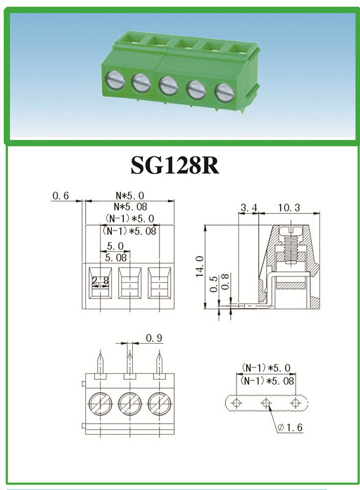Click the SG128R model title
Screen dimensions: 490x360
tap(175, 165)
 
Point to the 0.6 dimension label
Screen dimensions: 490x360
tap(60, 196)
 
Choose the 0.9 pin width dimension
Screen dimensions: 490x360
tap(154, 338)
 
